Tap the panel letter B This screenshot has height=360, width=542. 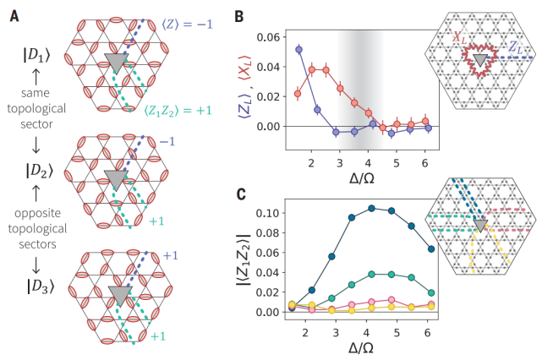[239, 15]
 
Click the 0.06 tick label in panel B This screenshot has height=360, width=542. [268, 36]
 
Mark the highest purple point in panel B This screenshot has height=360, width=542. [298, 50]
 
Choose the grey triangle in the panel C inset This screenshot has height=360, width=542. [479, 226]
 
